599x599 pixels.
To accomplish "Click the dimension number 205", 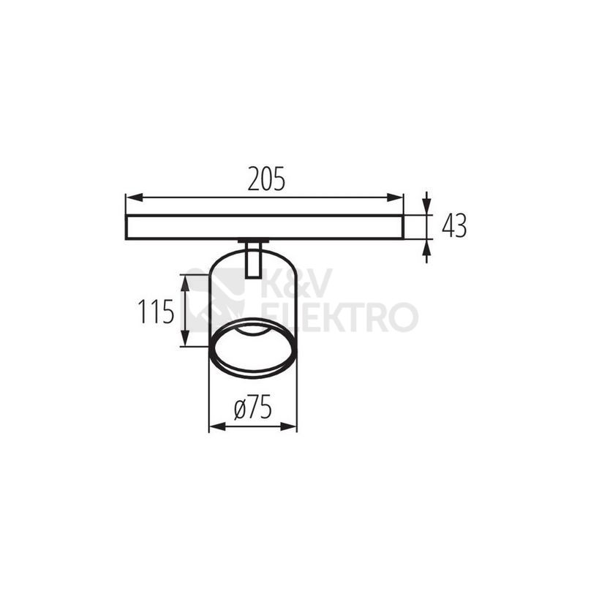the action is tap(266, 178).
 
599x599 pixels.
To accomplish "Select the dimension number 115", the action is tap(156, 312).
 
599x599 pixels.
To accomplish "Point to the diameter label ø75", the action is tap(252, 407).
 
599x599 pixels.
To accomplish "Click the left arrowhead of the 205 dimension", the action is tap(134, 197).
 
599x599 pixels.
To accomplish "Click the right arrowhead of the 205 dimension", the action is tap(395, 197).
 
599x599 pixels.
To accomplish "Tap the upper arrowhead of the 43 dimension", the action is tap(426, 206).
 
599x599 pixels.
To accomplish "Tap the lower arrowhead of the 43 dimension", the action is tap(426, 249).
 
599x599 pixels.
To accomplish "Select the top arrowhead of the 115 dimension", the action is tap(185, 284).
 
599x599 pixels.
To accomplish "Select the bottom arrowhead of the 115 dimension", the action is tap(185, 338).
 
